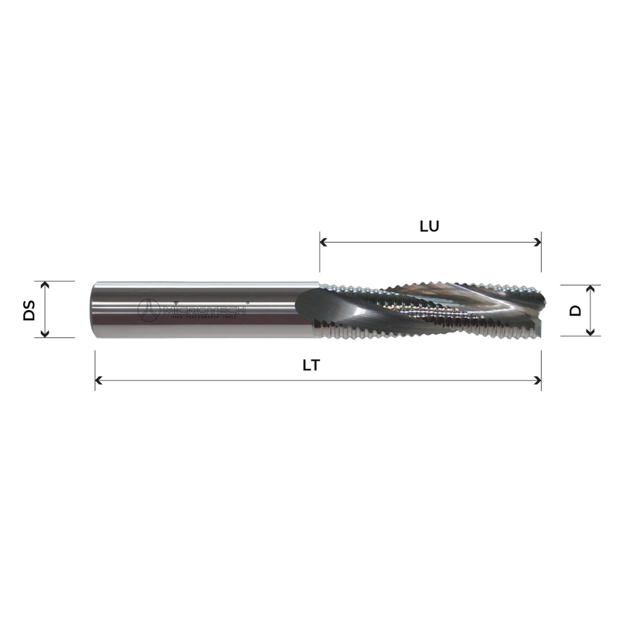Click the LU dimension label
[429, 226]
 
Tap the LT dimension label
[311, 365]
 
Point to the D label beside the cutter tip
[575, 310]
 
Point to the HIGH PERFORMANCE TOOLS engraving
[204, 317]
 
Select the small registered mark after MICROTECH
[248, 303]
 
